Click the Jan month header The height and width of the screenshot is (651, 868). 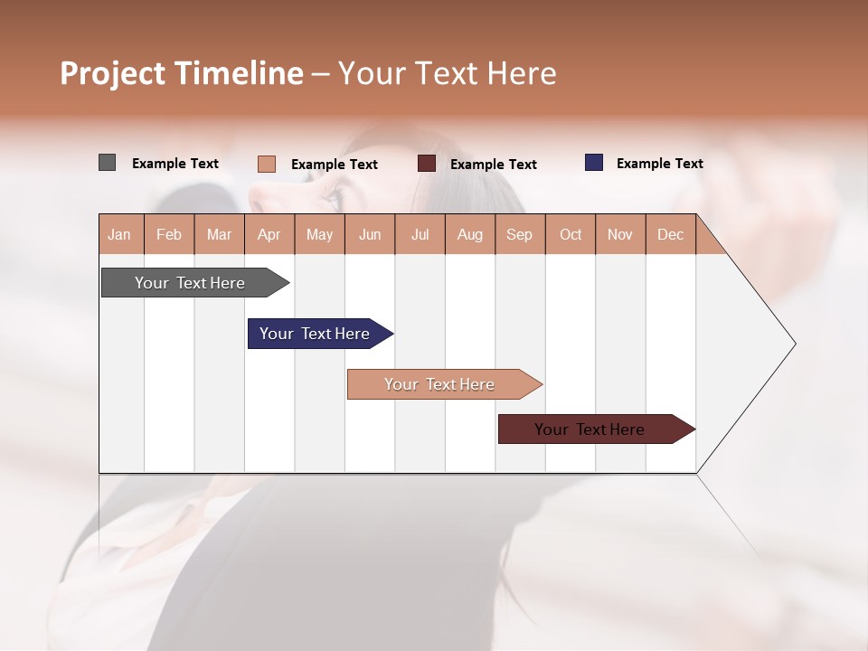pyautogui.click(x=120, y=234)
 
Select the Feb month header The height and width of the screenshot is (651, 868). pyautogui.click(x=169, y=234)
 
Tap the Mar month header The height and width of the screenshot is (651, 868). pyautogui.click(x=219, y=234)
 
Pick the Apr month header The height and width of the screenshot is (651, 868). pyautogui.click(x=269, y=234)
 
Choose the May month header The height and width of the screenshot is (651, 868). pyautogui.click(x=319, y=234)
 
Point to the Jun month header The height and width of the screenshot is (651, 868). pyautogui.click(x=370, y=234)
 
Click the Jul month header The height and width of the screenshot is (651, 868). pyautogui.click(x=420, y=234)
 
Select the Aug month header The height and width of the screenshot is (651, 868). pyautogui.click(x=470, y=234)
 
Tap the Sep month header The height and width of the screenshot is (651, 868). pyautogui.click(x=520, y=234)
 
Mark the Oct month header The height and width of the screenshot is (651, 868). pyautogui.click(x=571, y=234)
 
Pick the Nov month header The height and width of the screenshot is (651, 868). pyautogui.click(x=620, y=234)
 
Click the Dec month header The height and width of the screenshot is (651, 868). pyautogui.click(x=671, y=234)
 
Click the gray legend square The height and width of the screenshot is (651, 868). pyautogui.click(x=107, y=163)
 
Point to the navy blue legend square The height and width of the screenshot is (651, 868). pyautogui.click(x=594, y=163)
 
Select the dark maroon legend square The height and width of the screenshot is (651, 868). pyautogui.click(x=427, y=164)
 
